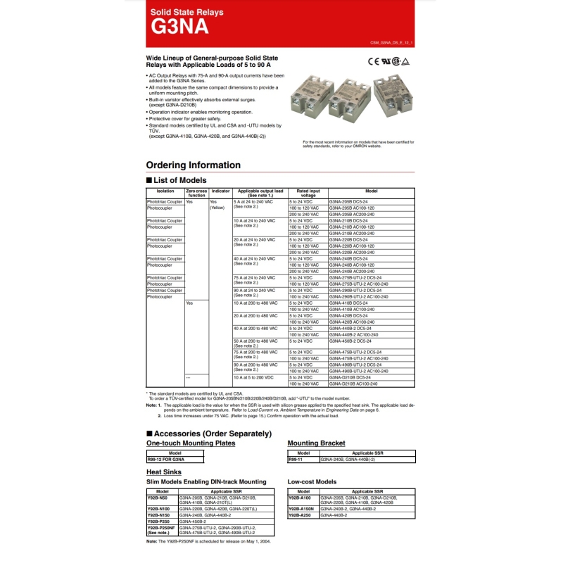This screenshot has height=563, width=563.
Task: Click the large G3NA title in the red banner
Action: click(x=179, y=26)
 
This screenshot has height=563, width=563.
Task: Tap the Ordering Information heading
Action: click(x=193, y=165)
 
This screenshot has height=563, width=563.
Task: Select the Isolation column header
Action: click(x=165, y=191)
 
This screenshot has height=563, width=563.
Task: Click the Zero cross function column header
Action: click(x=196, y=193)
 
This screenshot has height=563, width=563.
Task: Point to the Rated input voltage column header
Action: click(x=308, y=193)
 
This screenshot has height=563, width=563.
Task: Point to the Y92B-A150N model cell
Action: click(x=301, y=508)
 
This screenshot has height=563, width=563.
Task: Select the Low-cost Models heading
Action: click(x=312, y=482)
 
